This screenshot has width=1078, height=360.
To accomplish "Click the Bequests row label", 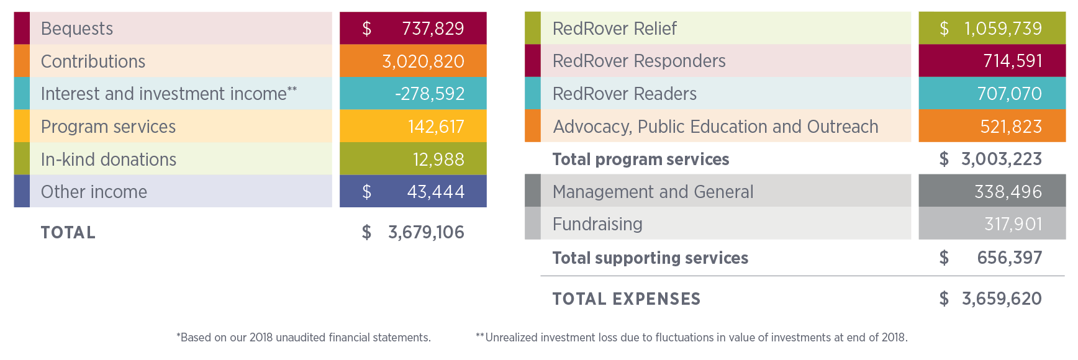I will click(x=77, y=29).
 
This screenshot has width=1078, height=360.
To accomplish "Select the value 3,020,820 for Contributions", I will click(x=423, y=61).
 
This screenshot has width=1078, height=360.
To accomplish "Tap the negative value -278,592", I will click(x=430, y=94).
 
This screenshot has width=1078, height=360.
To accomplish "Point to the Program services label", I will click(x=108, y=127).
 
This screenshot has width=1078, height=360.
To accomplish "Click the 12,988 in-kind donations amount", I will click(x=438, y=160).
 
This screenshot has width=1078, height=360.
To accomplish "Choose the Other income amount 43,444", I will click(x=435, y=192).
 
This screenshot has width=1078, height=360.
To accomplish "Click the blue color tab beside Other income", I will click(x=21, y=191).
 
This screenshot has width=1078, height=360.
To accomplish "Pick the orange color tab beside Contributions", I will click(x=21, y=61).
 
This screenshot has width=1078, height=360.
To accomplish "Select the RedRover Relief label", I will click(x=614, y=29).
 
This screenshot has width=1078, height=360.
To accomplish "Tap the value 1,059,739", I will click(x=1003, y=29).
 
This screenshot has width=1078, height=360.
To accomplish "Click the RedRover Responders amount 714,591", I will click(x=1012, y=61).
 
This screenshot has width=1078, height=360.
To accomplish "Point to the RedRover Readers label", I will click(x=624, y=94).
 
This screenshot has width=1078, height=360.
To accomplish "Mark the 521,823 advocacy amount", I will click(x=1011, y=127).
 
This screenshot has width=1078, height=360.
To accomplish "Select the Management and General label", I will click(x=653, y=192).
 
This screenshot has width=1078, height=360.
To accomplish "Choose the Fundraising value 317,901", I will click(x=1013, y=224).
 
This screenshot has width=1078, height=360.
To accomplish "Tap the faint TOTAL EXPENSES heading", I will click(x=626, y=299).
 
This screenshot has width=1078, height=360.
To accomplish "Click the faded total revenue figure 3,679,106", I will click(x=426, y=233).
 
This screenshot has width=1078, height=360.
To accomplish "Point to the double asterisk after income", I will click(x=292, y=89).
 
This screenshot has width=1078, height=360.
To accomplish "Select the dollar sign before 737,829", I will click(x=366, y=29).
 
